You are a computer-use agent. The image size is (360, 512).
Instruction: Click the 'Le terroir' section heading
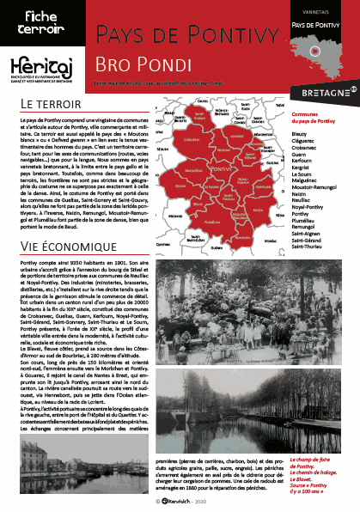50,104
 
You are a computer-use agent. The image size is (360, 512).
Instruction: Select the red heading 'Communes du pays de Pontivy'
314,118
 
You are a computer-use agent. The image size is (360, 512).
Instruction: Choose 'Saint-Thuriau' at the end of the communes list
310,246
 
